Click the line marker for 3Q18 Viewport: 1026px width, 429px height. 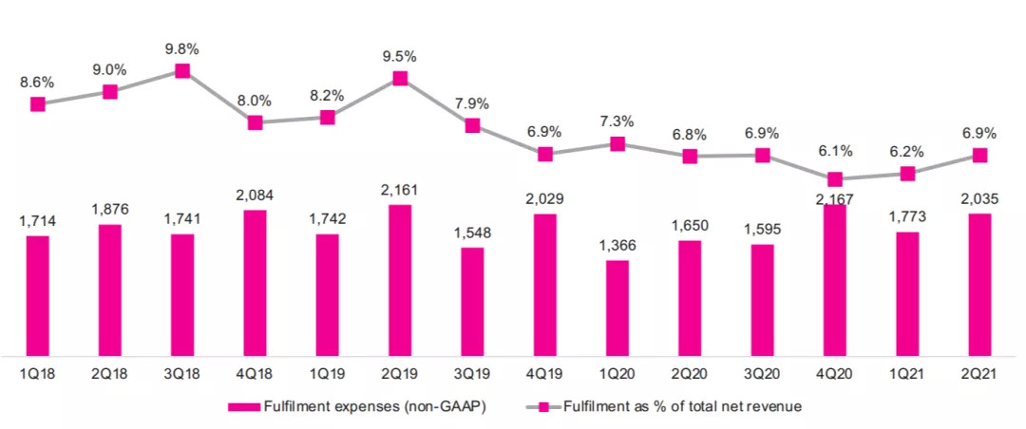click(182, 71)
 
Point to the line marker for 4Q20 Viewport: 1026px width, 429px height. click(835, 179)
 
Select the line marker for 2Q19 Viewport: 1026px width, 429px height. click(400, 78)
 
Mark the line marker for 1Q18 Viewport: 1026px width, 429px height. click(38, 103)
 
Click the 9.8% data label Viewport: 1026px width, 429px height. click(182, 49)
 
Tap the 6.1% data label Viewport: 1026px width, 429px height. click(835, 151)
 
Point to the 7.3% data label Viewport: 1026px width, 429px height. click(617, 121)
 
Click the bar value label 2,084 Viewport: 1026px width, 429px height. click(255, 196)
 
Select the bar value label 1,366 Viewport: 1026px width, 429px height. click(617, 246)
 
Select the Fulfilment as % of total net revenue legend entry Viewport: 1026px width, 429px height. click(665, 406)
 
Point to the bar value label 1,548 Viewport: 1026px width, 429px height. click(472, 233)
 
